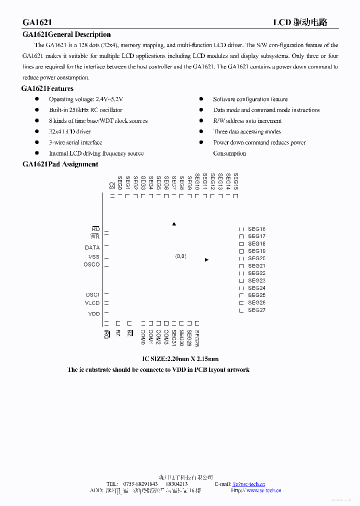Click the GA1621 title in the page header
tap(37, 22)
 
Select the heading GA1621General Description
tap(66, 34)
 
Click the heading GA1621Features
tap(47, 88)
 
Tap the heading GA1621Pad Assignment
tap(60, 164)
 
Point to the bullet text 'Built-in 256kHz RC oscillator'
tap(85, 110)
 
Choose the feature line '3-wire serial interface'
tap(75, 142)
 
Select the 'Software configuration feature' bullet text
tap(250, 99)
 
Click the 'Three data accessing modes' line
tap(247, 131)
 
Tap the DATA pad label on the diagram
tap(92, 247)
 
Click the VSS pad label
tap(94, 257)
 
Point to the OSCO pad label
tap(91, 264)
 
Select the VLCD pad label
tap(92, 303)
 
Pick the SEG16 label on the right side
tap(256, 229)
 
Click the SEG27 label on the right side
tap(256, 310)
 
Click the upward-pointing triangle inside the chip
tap(174, 224)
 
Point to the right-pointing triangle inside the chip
tap(206, 260)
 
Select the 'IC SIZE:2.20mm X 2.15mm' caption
tap(180, 359)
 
